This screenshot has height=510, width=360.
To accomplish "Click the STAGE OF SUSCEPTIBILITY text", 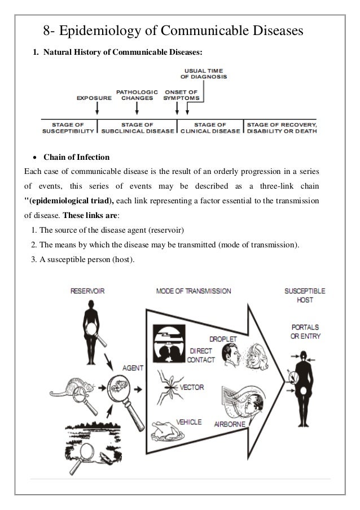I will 69,128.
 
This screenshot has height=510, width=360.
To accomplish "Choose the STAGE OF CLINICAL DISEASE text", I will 210,128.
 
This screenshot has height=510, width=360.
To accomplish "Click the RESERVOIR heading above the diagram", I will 87,291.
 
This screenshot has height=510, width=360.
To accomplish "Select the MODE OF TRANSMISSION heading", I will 193,291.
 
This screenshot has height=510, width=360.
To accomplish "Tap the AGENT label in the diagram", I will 133,368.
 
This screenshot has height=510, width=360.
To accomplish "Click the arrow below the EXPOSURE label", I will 96,108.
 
